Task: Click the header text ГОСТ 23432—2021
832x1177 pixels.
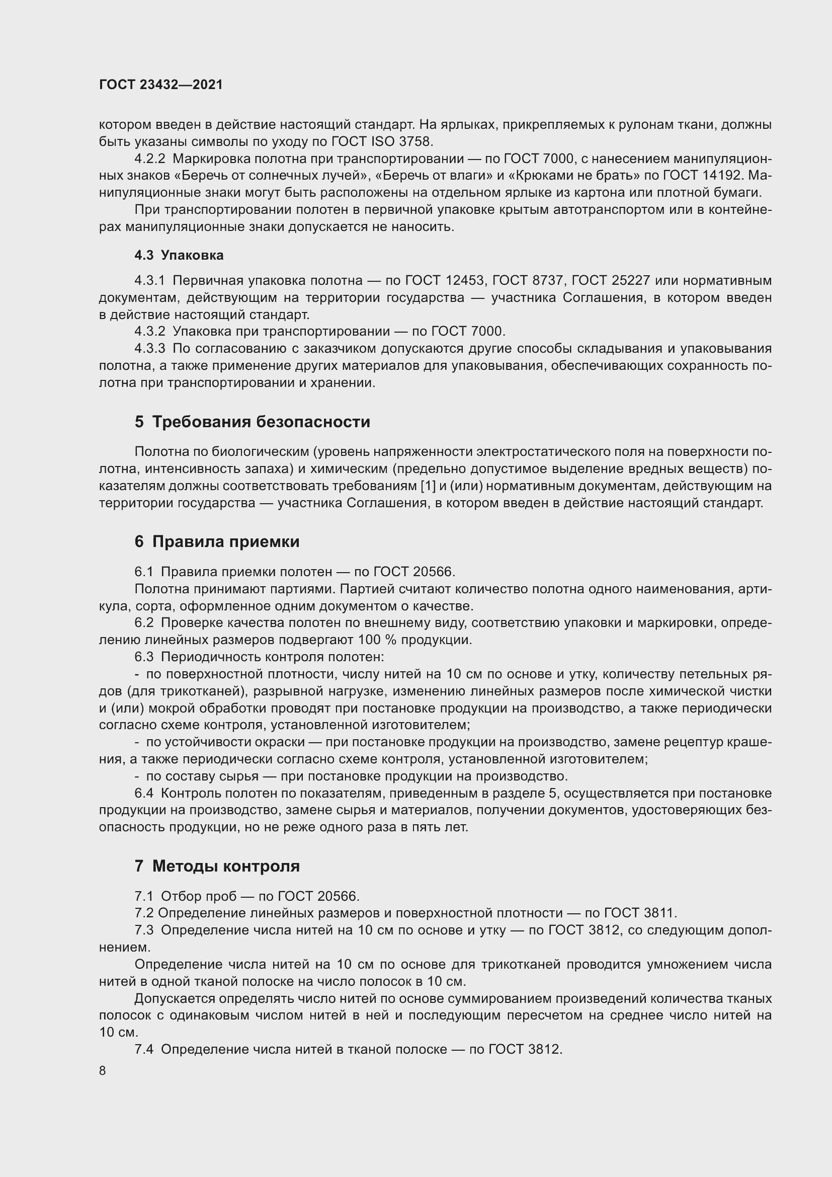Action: (161, 85)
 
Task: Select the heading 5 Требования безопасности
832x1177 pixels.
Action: (252, 422)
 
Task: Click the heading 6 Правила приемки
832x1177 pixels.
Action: (217, 541)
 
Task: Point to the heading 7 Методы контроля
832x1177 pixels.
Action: (217, 866)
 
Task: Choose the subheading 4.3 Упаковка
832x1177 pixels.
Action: (179, 255)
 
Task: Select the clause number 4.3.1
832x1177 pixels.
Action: (149, 280)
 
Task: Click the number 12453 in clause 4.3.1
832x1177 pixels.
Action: (465, 280)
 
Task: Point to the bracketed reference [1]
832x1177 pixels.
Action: (427, 486)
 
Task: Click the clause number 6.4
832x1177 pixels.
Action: (144, 793)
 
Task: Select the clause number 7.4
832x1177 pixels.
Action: (144, 1049)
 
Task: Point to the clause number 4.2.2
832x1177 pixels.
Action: (149, 159)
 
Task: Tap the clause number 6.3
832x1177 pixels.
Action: (144, 657)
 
